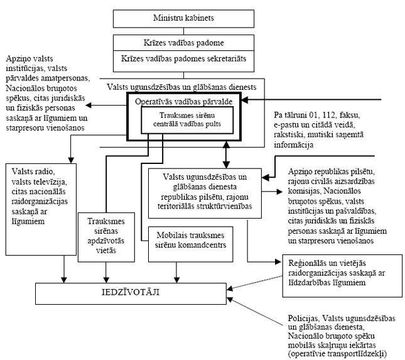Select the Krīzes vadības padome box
point(175,42)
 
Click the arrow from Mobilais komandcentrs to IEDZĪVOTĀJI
point(178,267)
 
